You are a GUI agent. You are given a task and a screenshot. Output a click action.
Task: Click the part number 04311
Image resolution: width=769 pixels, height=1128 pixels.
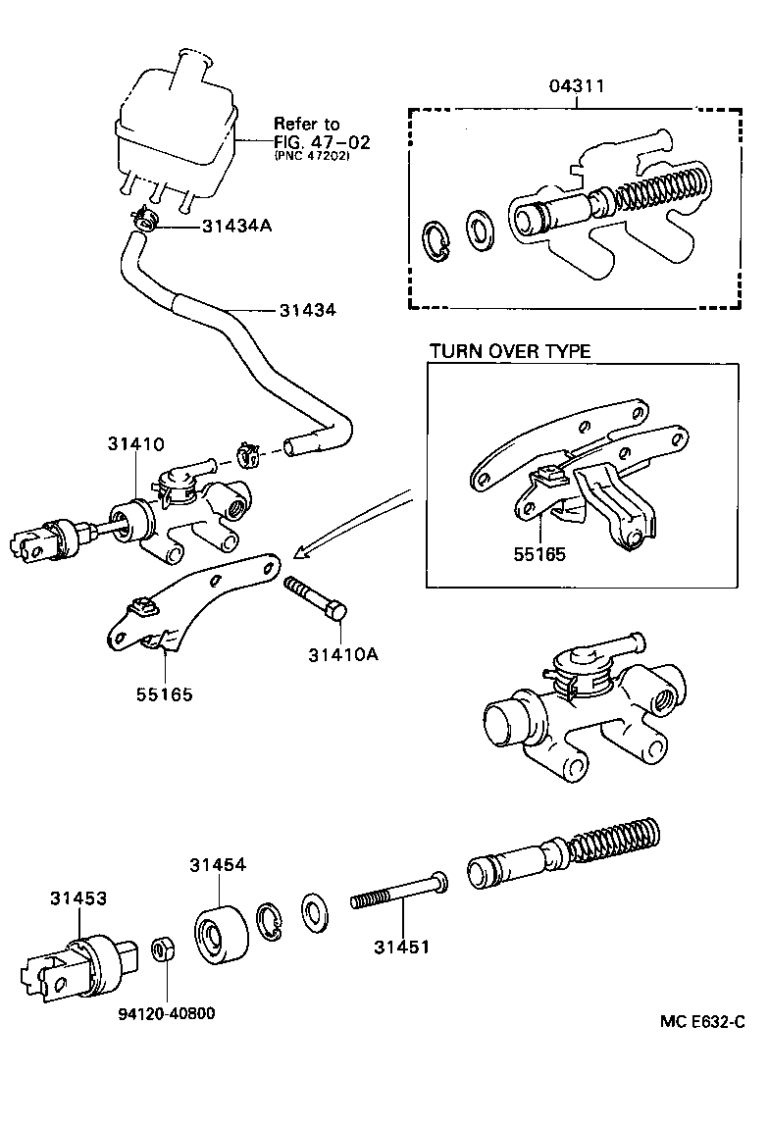click(x=576, y=87)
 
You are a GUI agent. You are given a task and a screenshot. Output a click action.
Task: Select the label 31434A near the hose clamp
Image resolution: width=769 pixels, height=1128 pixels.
click(x=236, y=226)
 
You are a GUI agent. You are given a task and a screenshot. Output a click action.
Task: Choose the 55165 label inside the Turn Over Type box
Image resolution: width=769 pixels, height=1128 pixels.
click(x=538, y=553)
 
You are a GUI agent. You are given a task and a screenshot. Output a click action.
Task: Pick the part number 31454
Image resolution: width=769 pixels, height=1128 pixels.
click(x=218, y=864)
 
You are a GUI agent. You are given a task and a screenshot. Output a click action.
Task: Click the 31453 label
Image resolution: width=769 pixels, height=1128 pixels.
click(x=79, y=897)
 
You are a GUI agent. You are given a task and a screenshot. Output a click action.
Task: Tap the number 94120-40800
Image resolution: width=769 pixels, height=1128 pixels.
click(x=162, y=1012)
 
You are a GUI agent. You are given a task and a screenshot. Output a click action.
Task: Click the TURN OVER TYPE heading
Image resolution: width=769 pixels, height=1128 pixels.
click(x=510, y=351)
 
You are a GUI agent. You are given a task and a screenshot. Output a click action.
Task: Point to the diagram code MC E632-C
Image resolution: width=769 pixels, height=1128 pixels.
click(x=701, y=1022)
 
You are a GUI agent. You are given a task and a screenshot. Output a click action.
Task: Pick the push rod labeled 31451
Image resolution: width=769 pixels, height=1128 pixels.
click(x=397, y=895)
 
